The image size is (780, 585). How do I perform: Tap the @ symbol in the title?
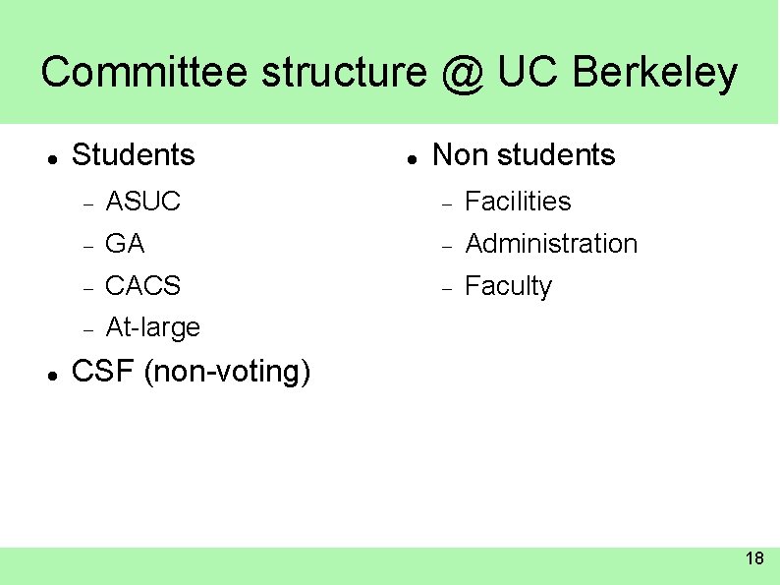coord(461,74)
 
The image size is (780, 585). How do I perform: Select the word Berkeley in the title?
coord(654,74)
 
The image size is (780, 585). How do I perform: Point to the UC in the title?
coord(529,73)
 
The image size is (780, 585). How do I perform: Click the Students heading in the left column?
coord(134,155)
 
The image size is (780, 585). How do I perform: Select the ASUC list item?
coord(142,202)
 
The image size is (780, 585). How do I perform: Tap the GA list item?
coord(125,244)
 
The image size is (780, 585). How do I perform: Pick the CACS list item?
coord(142,286)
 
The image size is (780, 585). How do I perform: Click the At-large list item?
coord(152,327)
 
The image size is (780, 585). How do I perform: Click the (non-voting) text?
coord(227,373)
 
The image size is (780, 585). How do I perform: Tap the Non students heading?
coord(524,155)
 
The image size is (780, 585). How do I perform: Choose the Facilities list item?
coord(518,202)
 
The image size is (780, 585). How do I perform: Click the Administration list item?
coord(551,244)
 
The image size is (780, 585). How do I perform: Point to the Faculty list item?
coord(508,287)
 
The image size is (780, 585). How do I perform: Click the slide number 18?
coord(754,559)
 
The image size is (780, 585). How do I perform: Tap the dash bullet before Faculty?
coord(446,288)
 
